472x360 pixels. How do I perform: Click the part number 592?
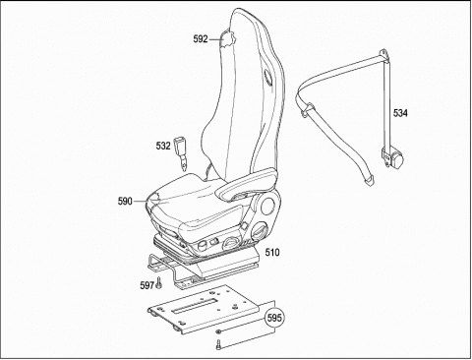[201, 39]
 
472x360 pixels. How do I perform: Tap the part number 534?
[400, 113]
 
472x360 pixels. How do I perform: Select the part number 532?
[163, 146]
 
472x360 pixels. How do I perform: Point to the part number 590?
[125, 202]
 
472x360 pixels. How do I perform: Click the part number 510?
[272, 253]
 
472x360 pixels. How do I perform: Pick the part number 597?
[147, 285]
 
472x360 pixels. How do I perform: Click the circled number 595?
[274, 318]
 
